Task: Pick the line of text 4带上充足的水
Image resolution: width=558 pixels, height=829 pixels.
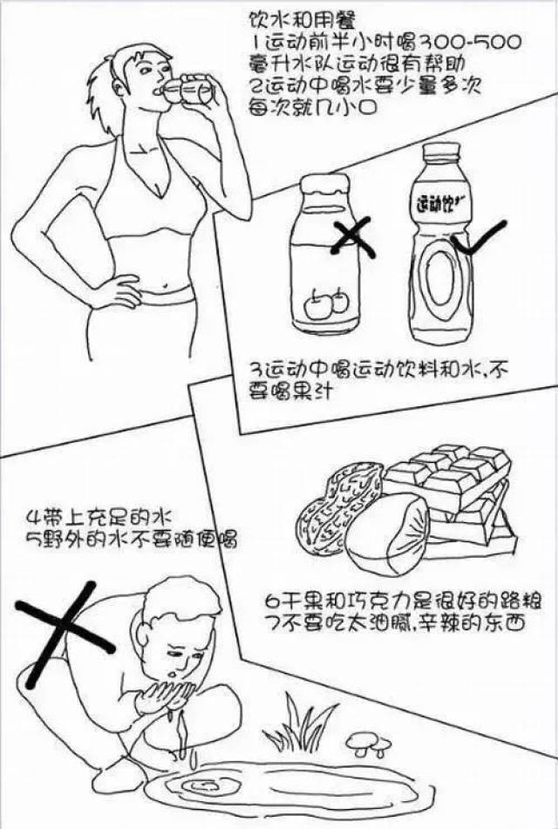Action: [x=100, y=515]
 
